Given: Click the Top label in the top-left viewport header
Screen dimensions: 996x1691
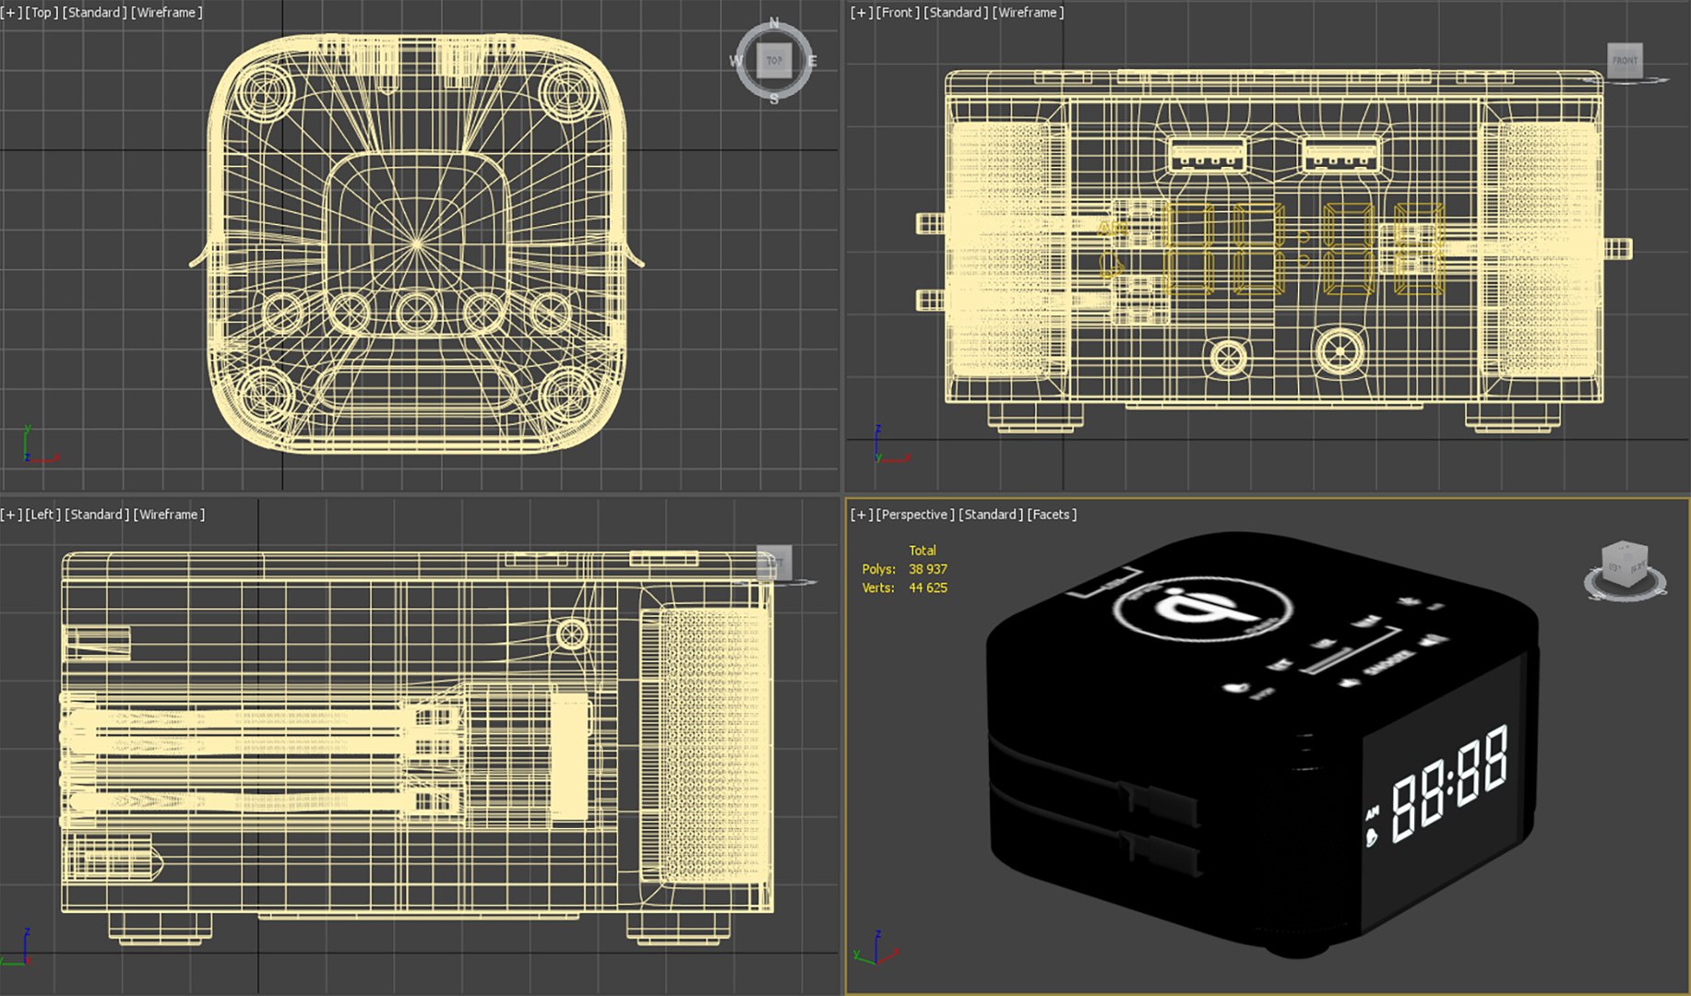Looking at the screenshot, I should coord(41,13).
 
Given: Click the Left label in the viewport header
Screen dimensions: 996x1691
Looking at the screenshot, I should coord(42,515).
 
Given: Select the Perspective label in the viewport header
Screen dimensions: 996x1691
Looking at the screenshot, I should coord(914,515).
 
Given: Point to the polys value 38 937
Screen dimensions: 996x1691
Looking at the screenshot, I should coord(927,569).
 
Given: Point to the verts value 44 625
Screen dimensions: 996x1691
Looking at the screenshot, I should coord(927,587).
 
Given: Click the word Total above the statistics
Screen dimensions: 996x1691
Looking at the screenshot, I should coord(922,551).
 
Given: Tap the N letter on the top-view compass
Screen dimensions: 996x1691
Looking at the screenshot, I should coord(774,23).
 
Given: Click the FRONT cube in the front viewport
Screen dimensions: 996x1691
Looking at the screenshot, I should coord(1625,61).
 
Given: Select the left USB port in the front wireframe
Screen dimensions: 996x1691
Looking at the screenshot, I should coord(1208,155).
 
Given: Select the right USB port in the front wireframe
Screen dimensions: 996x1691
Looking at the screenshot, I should coord(1340,155).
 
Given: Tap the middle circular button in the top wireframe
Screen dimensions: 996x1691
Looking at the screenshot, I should coord(417,312).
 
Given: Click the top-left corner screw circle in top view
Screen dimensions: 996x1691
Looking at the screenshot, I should coord(266,93).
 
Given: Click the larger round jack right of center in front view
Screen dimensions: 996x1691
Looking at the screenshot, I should coord(1340,350).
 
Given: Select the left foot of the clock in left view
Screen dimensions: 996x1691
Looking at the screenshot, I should coord(160,927).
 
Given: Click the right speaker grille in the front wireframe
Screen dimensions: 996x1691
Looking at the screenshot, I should coord(1542,249).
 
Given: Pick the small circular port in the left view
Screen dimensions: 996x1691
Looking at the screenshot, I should coord(571,634).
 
